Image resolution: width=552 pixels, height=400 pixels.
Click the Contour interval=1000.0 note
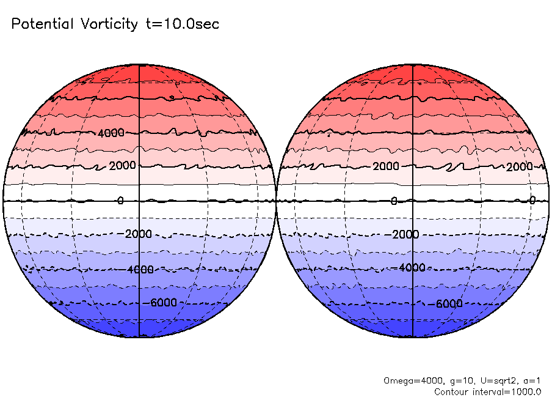tap(488, 391)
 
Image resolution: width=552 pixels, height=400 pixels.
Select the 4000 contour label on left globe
tap(111, 133)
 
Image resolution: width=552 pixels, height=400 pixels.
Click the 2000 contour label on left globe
tap(122, 166)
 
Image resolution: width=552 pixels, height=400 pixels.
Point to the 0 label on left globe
tap(120, 201)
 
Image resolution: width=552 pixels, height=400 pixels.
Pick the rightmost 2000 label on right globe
tap(519, 167)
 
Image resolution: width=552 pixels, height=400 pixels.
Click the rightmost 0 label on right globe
tap(532, 200)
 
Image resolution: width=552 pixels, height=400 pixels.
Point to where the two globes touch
tap(277, 201)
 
